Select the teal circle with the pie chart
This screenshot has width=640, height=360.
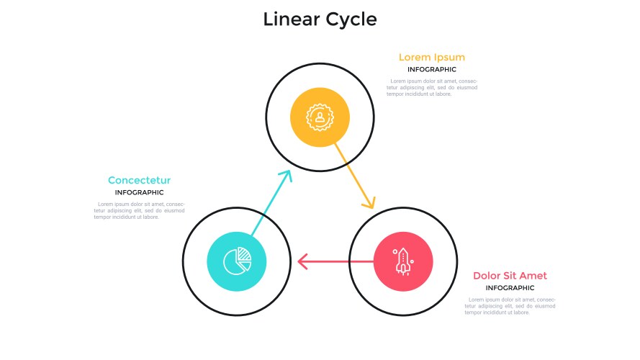pyautogui.click(x=236, y=261)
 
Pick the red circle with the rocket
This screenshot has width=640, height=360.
pyautogui.click(x=402, y=261)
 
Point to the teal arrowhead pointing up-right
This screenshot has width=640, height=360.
pyautogui.click(x=286, y=176)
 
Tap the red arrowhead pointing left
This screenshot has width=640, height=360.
pyautogui.click(x=303, y=261)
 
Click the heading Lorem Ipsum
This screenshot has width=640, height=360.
pyautogui.click(x=431, y=58)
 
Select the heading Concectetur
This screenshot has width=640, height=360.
pyautogui.click(x=139, y=181)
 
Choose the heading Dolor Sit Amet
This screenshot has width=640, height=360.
pyautogui.click(x=510, y=276)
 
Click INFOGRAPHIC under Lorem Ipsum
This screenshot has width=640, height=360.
pyautogui.click(x=431, y=70)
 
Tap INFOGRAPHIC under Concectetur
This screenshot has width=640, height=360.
pyautogui.click(x=139, y=193)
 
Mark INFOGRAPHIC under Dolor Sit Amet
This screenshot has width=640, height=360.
pyautogui.click(x=510, y=288)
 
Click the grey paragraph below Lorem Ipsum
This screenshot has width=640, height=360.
pyautogui.click(x=431, y=87)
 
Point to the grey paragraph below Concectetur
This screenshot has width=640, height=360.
pyautogui.click(x=139, y=210)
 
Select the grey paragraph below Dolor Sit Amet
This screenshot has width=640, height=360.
pyautogui.click(x=510, y=305)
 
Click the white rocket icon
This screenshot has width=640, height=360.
pyautogui.click(x=402, y=260)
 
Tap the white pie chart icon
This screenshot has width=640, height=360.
pyautogui.click(x=237, y=261)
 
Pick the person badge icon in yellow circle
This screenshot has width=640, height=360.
pyautogui.click(x=320, y=116)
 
